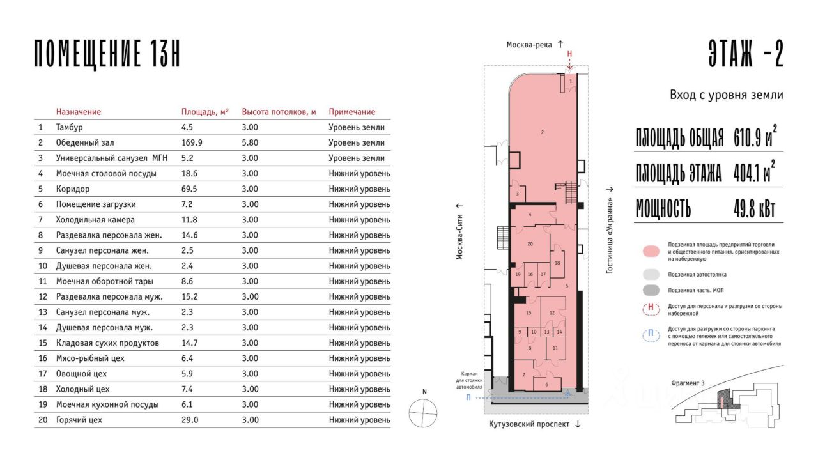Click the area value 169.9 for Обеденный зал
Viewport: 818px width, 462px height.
coord(192,142)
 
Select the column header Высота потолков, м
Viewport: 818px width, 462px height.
coord(279,112)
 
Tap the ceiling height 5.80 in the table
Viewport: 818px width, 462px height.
coord(250,142)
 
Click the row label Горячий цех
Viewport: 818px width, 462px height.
coord(79,420)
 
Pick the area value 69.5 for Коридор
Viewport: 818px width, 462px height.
coord(190,189)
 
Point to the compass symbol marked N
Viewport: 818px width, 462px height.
coord(423,413)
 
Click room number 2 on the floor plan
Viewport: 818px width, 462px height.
coord(543,132)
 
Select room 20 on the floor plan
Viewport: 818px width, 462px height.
coord(530,244)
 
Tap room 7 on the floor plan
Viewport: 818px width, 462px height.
coord(524,374)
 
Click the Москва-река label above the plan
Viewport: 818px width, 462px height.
coord(529,45)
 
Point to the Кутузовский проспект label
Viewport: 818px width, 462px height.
coord(529,424)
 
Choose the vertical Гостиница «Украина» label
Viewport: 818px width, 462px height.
coord(610,236)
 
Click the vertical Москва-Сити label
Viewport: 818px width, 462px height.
coord(459,236)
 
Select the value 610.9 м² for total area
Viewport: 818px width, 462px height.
coord(755,136)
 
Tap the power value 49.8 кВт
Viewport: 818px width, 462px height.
coord(755,209)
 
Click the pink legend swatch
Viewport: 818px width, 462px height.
coord(651,251)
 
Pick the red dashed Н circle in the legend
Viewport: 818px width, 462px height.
coord(651,309)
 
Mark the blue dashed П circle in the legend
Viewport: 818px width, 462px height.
coord(651,335)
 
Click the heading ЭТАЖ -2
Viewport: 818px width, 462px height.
coord(746,53)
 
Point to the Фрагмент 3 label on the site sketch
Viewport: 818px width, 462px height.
coord(688,383)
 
